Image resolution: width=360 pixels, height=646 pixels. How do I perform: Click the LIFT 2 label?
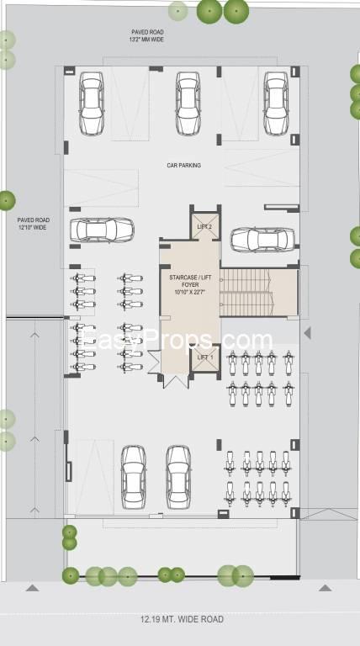click(204, 227)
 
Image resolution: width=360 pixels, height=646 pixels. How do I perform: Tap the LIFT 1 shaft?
click(205, 359)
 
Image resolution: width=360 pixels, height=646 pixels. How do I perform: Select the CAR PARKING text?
click(183, 165)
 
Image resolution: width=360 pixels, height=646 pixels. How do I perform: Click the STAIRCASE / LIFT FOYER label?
click(190, 281)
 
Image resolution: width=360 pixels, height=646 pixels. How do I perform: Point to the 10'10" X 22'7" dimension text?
click(190, 292)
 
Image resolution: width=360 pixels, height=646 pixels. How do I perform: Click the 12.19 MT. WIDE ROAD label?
click(182, 619)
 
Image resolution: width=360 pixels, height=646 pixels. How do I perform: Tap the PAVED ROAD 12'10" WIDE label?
click(34, 224)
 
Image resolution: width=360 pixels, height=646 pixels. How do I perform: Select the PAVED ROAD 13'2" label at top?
click(147, 36)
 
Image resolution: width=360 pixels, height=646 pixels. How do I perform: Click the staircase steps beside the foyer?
click(245, 293)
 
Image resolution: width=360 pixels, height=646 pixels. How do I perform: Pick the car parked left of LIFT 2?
click(102, 230)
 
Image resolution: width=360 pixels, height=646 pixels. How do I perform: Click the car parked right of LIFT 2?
click(262, 240)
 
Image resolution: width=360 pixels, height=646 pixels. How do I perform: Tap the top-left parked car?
click(92, 103)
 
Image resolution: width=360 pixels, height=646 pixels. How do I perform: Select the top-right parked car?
click(276, 103)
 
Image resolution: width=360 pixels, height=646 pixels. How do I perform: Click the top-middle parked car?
click(188, 103)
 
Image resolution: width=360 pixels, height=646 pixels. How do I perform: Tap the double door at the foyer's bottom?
click(176, 381)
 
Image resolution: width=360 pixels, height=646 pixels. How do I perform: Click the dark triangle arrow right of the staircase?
click(307, 333)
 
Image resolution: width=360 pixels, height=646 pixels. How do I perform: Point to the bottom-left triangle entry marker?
click(33, 588)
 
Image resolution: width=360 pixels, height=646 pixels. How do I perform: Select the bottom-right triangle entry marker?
click(325, 588)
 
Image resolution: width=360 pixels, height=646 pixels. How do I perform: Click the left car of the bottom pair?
click(134, 477)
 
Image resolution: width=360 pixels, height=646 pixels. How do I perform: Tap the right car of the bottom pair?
click(178, 477)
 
